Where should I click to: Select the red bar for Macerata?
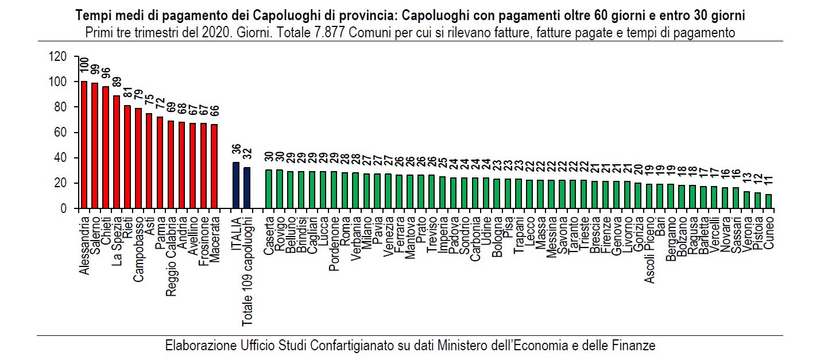pyautogui.click(x=214, y=167)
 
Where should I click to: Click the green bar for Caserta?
pyautogui.click(x=269, y=189)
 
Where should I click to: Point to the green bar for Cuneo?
pyautogui.click(x=768, y=202)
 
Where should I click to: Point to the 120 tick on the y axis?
pyautogui.click(x=59, y=57)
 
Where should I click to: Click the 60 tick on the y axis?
pyautogui.click(x=61, y=133)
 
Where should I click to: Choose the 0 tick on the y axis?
pyautogui.click(x=64, y=208)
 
